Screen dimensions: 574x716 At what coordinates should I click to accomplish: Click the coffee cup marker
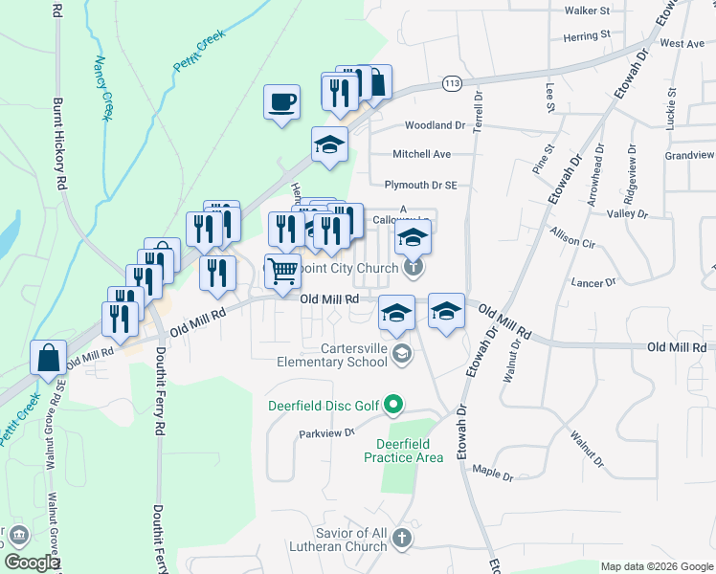pos(281,102)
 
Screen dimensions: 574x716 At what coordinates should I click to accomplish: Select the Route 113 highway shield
pos(453,85)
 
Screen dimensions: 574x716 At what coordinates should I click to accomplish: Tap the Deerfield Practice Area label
pos(403,451)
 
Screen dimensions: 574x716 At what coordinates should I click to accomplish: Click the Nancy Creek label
pos(103,88)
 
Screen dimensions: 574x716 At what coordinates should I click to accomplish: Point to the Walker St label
pos(588,11)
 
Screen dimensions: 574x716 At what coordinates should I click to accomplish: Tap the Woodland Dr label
pos(434,125)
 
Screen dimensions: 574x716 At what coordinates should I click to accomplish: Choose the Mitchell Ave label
pos(421,154)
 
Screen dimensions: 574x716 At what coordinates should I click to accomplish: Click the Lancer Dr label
pos(593,283)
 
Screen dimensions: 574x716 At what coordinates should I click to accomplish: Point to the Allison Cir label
pos(573,238)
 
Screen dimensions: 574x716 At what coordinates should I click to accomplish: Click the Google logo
pos(32,563)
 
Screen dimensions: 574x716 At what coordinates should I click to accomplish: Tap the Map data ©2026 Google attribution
pos(656,566)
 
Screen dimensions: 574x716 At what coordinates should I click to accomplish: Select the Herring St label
pos(587,34)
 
